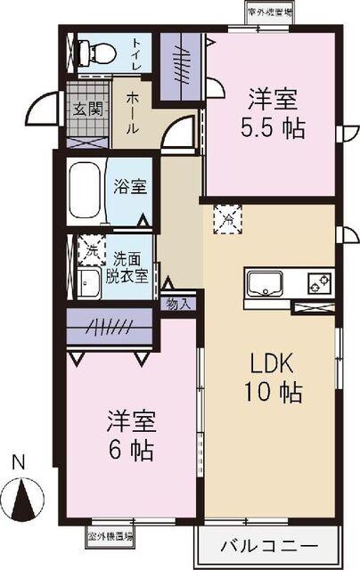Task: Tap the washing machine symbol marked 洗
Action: (89, 251)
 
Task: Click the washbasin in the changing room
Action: (89, 284)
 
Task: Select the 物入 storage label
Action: (178, 304)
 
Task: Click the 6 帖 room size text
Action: (131, 450)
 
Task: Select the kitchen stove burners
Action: (318, 285)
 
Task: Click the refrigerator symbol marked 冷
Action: (228, 216)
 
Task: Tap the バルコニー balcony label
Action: (266, 544)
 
